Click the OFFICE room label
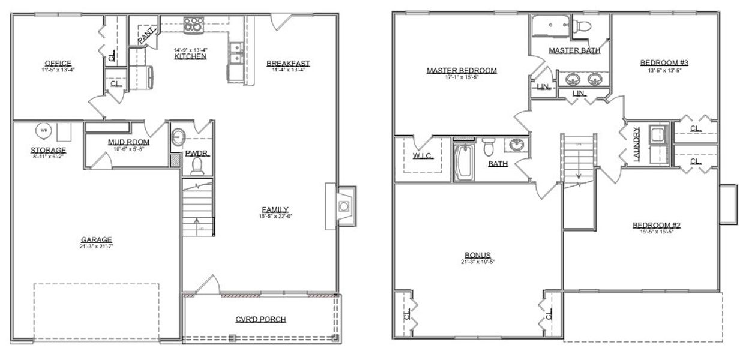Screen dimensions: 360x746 coord(58,63)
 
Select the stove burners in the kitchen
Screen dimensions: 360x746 coord(193,25)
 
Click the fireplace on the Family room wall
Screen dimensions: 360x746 coord(343,206)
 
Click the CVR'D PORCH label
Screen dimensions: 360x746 coord(260,319)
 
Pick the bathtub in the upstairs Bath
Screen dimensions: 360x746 coord(463,161)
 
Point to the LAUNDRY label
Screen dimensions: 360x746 coord(636,143)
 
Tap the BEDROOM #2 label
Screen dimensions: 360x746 coord(656,225)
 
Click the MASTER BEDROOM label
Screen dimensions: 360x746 coord(462,70)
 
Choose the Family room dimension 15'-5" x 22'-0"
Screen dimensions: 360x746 coord(275,216)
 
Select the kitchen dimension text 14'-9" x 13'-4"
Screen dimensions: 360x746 coord(190,50)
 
